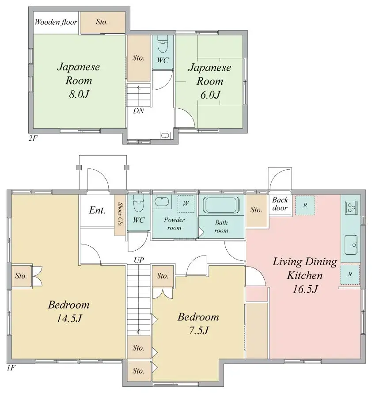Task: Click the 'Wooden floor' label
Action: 56,22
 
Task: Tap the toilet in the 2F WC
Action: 163,45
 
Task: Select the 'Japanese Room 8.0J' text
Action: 79,80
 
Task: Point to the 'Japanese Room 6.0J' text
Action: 209,81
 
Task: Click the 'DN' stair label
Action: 138,111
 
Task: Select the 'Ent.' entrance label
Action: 97,210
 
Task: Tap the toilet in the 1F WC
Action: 139,204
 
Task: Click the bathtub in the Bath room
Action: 221,206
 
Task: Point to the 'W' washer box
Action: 186,204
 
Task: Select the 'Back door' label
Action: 280,204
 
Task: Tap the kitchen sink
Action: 352,244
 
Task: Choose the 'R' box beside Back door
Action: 305,205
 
